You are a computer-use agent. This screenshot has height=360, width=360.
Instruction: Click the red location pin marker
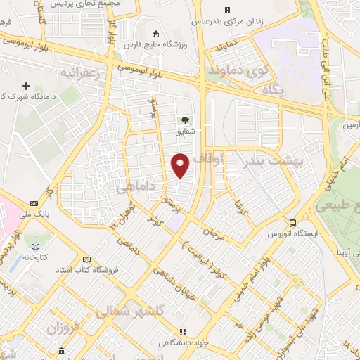[181, 165]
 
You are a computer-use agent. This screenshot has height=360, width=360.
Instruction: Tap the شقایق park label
[186, 131]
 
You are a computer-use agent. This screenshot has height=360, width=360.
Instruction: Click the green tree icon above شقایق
[186, 120]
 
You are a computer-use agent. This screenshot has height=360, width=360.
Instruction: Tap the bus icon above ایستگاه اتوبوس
[292, 223]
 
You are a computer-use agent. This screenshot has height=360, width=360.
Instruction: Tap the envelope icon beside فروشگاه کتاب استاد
[87, 259]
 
